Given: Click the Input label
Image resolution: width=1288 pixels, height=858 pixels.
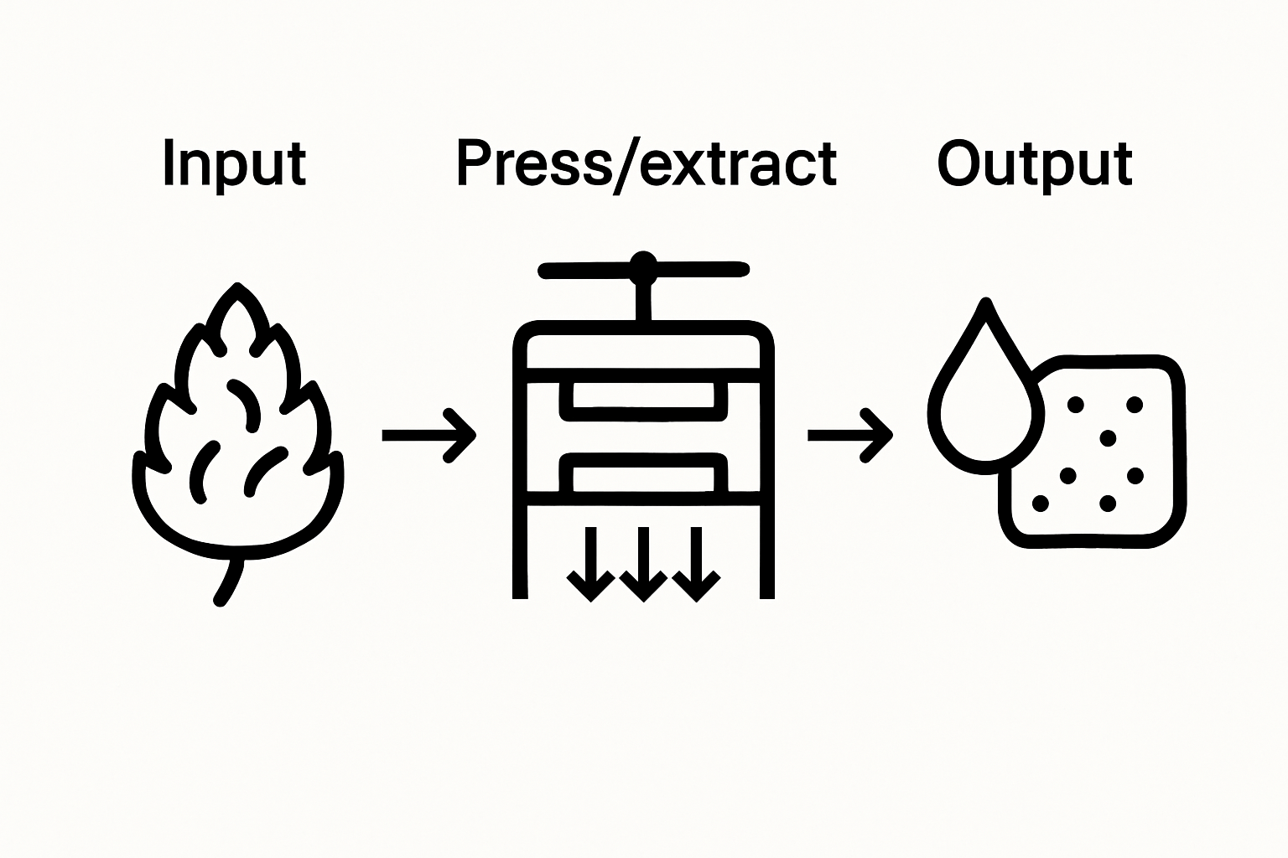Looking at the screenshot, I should (x=234, y=163).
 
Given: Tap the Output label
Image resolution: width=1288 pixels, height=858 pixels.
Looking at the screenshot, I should (x=1034, y=165).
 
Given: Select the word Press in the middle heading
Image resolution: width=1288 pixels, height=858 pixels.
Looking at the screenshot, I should (x=534, y=163).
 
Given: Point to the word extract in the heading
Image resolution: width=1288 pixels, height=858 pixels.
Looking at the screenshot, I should (x=739, y=163).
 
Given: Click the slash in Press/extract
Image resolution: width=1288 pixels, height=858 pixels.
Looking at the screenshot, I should (x=627, y=165).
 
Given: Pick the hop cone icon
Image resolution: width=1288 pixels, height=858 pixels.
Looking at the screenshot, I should (x=237, y=427).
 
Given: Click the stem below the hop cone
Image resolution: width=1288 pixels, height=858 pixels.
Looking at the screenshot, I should (x=227, y=581).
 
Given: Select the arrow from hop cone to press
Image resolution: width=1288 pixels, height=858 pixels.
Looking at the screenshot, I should (x=428, y=435).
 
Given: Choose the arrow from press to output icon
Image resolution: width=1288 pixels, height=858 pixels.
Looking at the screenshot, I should (x=849, y=435).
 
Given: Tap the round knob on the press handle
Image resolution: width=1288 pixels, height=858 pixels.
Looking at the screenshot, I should (x=643, y=266).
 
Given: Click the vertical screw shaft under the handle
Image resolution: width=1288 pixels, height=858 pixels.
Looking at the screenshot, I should (x=643, y=302).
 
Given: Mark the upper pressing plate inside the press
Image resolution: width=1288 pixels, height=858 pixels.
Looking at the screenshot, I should (x=643, y=401).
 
